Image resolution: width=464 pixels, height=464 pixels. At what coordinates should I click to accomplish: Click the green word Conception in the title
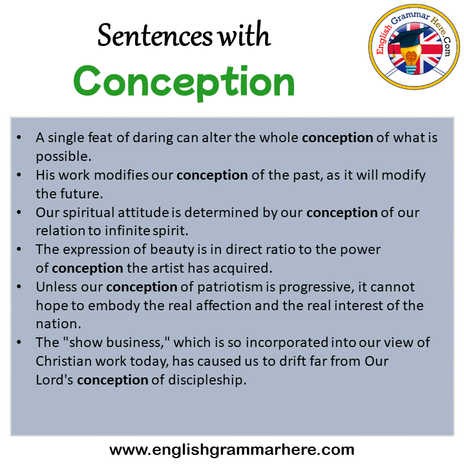[x=184, y=81]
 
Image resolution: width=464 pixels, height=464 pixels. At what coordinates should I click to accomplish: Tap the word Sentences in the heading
[x=155, y=36]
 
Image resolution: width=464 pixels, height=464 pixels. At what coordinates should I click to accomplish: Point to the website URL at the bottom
[x=232, y=450]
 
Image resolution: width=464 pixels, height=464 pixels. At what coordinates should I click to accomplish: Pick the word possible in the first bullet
[x=63, y=157]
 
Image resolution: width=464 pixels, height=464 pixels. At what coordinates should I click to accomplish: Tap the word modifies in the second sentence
[x=121, y=175]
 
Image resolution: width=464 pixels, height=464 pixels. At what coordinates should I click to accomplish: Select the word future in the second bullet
[x=81, y=194]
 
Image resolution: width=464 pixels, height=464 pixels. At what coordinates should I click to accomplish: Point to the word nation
[x=58, y=324]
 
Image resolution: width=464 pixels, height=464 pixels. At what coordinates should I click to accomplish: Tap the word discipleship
[x=207, y=380]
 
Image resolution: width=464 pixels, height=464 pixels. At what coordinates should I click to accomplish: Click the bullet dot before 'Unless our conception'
[x=19, y=287]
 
